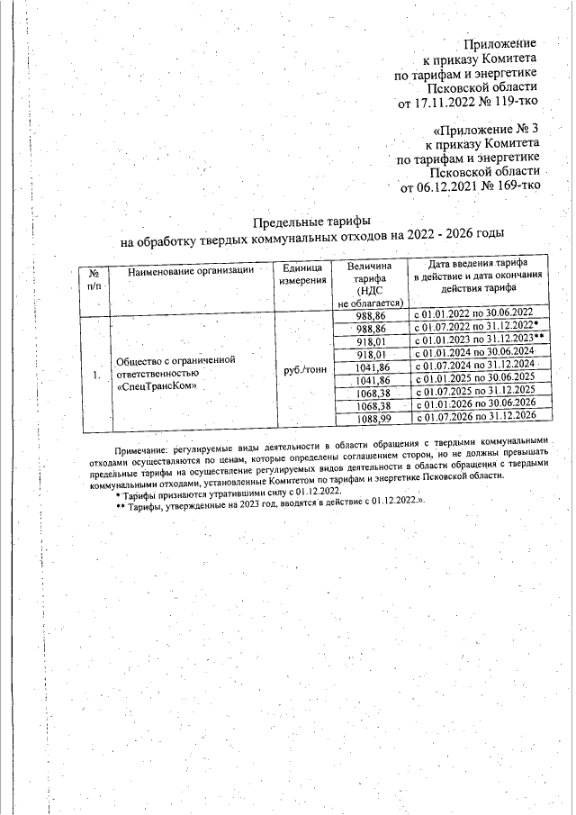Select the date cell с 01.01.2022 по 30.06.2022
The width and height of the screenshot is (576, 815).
point(473,317)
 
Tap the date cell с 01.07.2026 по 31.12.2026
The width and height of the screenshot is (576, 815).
point(473,418)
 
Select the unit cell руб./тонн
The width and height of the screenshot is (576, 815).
point(301,368)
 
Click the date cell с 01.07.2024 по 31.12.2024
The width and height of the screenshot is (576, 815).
point(473,367)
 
